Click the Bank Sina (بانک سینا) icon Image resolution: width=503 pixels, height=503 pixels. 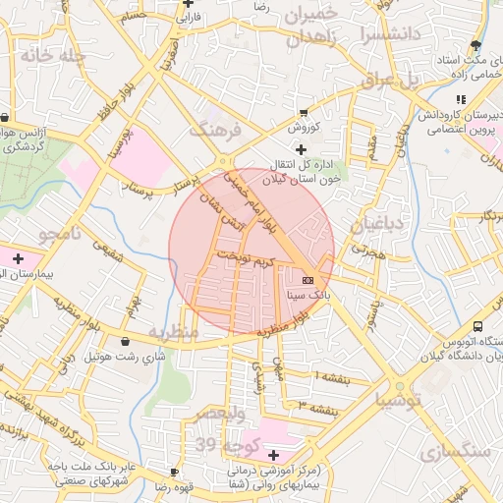[x=307, y=280]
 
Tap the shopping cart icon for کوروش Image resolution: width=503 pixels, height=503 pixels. [x=303, y=113]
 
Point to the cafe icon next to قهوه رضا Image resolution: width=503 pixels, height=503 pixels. [x=174, y=473]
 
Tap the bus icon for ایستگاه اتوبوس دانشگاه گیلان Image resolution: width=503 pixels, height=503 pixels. [x=477, y=326]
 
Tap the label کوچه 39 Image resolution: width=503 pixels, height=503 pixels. [x=220, y=446]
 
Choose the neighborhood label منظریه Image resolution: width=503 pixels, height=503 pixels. [x=173, y=333]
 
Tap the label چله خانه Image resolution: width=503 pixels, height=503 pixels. [x=46, y=56]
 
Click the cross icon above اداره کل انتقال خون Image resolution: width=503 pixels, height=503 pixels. [x=300, y=147]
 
